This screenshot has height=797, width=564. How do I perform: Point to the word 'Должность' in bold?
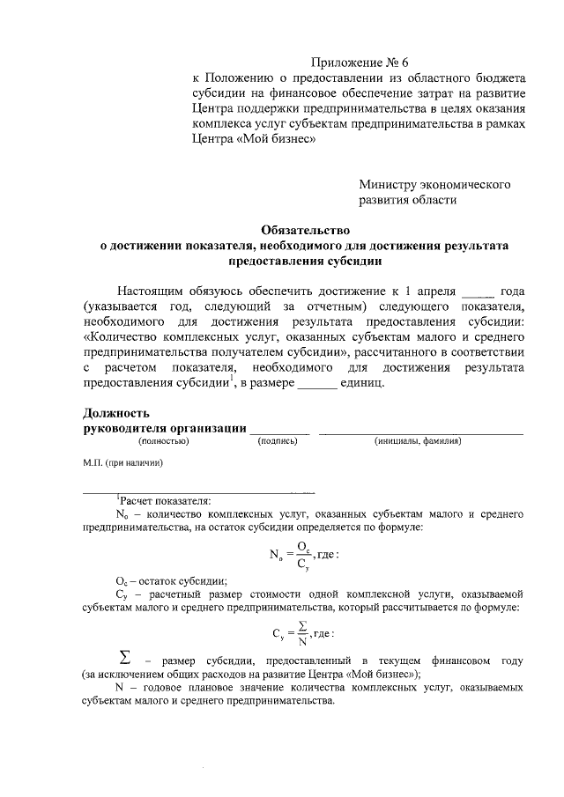[116, 412]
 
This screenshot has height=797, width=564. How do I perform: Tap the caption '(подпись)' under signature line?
[278, 440]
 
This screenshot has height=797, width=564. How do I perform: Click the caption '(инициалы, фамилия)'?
[417, 440]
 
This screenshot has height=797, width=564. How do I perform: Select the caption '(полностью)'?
[163, 440]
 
